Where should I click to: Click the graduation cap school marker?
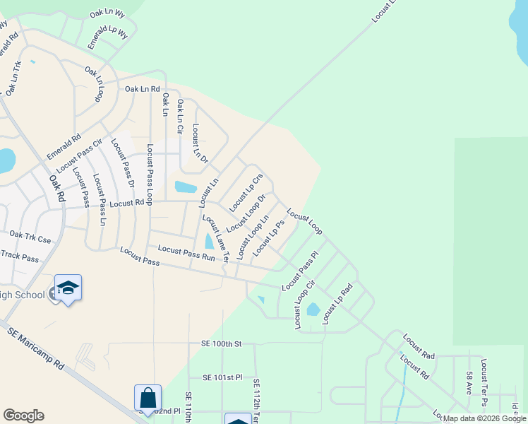click(x=68, y=288)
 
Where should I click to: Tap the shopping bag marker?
click(x=148, y=398)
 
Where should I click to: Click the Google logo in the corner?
click(x=23, y=416)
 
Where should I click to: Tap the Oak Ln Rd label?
click(x=143, y=88)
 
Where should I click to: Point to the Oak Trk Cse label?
click(x=30, y=237)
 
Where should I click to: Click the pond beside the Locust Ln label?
click(x=186, y=187)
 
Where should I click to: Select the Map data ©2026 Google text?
click(x=485, y=418)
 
